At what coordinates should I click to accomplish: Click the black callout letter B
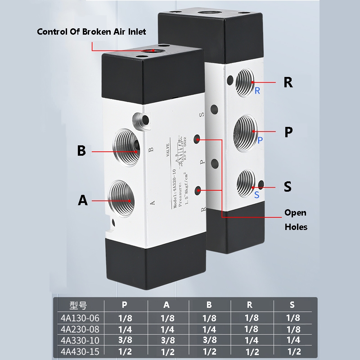[x=81, y=151]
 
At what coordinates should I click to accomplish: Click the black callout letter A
[x=82, y=200]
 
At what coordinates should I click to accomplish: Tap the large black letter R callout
[x=288, y=83]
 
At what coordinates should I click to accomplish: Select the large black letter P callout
[x=288, y=132]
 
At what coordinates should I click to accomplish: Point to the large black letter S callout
[x=288, y=186]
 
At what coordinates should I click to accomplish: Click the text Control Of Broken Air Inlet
[x=91, y=32]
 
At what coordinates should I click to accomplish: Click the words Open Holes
[x=296, y=220]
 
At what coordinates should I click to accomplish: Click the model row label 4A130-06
[x=79, y=318]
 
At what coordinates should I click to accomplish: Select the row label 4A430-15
[x=79, y=351]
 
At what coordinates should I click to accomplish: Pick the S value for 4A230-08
[x=292, y=329]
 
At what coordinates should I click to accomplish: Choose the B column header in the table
[x=209, y=305]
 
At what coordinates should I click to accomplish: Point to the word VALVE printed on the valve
[x=168, y=151]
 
